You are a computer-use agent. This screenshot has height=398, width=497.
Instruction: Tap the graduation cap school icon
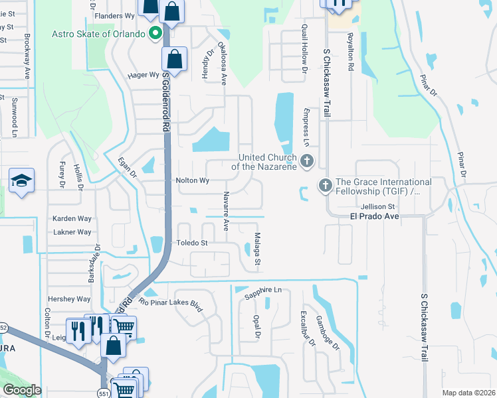pos(21,180)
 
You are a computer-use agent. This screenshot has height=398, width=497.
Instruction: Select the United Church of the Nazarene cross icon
pos(306,160)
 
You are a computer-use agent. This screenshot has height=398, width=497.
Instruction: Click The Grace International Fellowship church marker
pos(326,186)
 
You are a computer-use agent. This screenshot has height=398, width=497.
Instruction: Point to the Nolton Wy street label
pos(192,180)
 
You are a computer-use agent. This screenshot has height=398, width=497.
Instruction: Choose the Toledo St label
pos(192,243)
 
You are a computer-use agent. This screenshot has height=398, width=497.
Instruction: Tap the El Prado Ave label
pos(373,216)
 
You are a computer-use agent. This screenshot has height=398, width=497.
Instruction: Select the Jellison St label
pos(379,206)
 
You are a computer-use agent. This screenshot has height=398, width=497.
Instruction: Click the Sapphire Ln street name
pos(263,291)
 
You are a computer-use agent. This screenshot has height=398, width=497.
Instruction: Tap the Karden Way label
pos(72,218)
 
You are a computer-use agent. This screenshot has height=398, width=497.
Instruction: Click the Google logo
pos(22,390)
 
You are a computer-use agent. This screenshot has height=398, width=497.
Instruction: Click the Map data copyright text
pos(468,393)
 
